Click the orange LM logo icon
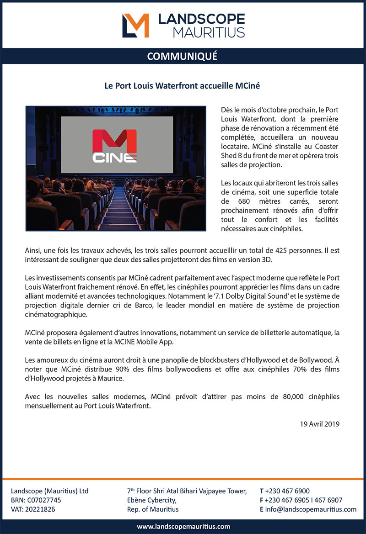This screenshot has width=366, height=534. point(135,25)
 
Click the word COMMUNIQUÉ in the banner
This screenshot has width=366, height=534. point(182,56)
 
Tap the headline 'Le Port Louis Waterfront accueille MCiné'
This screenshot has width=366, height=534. point(183,85)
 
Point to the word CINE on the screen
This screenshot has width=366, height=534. point(114,158)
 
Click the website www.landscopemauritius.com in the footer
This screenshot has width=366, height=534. point(183,526)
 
